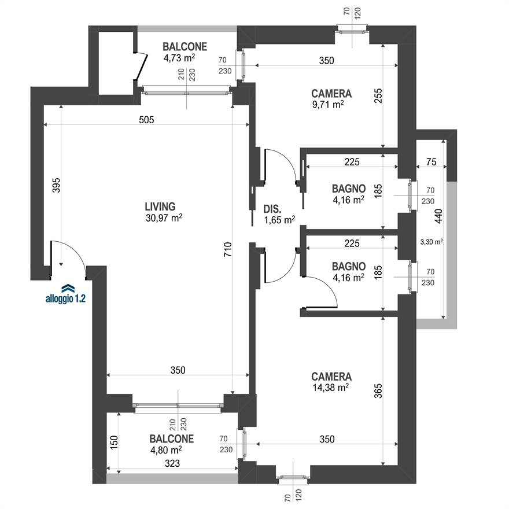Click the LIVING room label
pyautogui.click(x=160, y=206)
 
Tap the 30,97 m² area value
pyautogui.click(x=164, y=217)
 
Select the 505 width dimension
pyautogui.click(x=146, y=120)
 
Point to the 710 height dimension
pyautogui.click(x=228, y=250)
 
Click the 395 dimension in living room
pyautogui.click(x=57, y=185)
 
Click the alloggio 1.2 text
pyautogui.click(x=65, y=298)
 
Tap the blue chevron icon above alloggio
pyautogui.click(x=68, y=288)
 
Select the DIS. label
pyautogui.click(x=272, y=209)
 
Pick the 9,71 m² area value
pyautogui.click(x=328, y=105)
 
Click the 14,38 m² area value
pyautogui.click(x=331, y=388)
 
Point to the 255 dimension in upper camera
pyautogui.click(x=378, y=96)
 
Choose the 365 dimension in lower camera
pyautogui.click(x=378, y=391)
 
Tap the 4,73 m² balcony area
pyautogui.click(x=179, y=58)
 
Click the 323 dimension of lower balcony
pyautogui.click(x=172, y=463)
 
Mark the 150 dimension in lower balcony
pyautogui.click(x=114, y=442)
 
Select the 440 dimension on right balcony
pyautogui.click(x=438, y=216)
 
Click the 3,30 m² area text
pyautogui.click(x=431, y=242)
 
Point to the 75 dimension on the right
pyautogui.click(x=431, y=161)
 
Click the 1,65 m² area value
pyautogui.click(x=279, y=220)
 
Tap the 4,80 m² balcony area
pyautogui.click(x=166, y=450)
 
